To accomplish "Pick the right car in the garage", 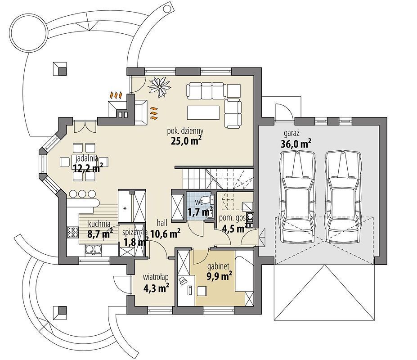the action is click(x=343, y=197).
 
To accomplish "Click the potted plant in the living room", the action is click(x=159, y=86).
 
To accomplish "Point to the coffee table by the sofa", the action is click(x=203, y=112).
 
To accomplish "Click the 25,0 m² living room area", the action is click(x=186, y=141).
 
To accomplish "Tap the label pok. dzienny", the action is click(x=185, y=131).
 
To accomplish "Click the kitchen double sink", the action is click(x=93, y=249).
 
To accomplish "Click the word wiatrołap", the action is click(x=156, y=277).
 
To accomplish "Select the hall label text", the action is click(x=162, y=223).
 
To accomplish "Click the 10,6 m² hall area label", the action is click(x=166, y=234).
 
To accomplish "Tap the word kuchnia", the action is click(x=99, y=224).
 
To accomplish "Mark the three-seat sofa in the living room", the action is click(x=206, y=90).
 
